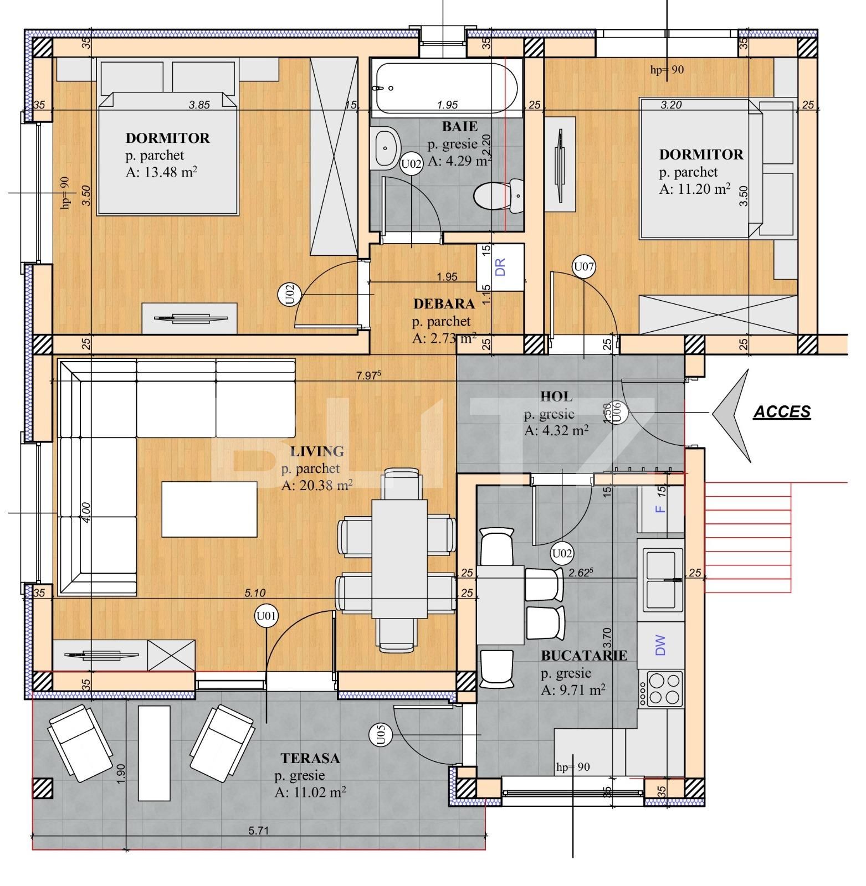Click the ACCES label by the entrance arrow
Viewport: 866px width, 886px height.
pyautogui.click(x=782, y=412)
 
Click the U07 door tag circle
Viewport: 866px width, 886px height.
pyautogui.click(x=583, y=267)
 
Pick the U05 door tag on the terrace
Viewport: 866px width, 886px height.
pyautogui.click(x=381, y=735)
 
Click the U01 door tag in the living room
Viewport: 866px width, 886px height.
pyautogui.click(x=267, y=616)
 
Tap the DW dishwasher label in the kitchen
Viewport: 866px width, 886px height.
pyautogui.click(x=660, y=645)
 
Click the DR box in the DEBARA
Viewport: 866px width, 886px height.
pyautogui.click(x=500, y=267)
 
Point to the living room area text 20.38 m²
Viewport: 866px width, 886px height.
pyautogui.click(x=317, y=486)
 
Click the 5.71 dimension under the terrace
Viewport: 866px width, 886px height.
pyautogui.click(x=258, y=831)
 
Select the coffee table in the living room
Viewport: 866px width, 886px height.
pyautogui.click(x=209, y=509)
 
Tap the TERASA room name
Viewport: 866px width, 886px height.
pyautogui.click(x=310, y=758)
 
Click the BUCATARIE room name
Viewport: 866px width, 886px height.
pyautogui.click(x=584, y=656)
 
